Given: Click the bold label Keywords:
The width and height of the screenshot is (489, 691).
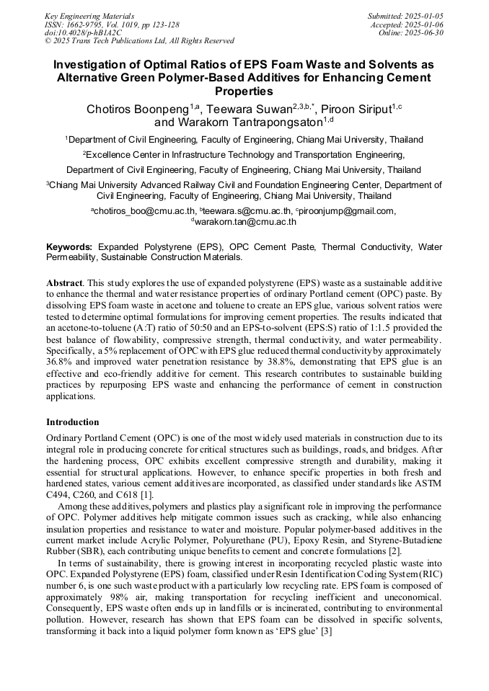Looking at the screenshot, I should pos(69,246).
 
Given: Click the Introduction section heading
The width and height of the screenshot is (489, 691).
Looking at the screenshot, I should pos(73,422).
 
